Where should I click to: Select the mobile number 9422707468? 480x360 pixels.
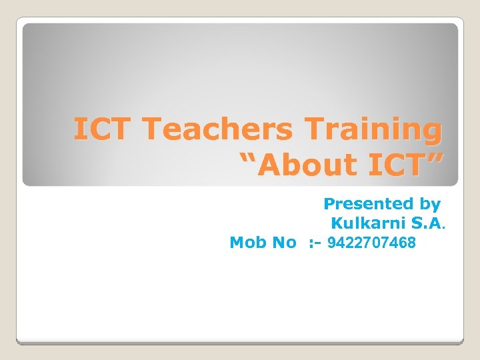click(x=371, y=242)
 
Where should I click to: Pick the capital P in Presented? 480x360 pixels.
click(x=329, y=203)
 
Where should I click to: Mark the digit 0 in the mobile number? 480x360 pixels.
click(x=380, y=242)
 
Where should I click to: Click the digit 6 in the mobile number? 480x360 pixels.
click(x=402, y=242)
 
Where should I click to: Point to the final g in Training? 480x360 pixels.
click(x=431, y=132)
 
